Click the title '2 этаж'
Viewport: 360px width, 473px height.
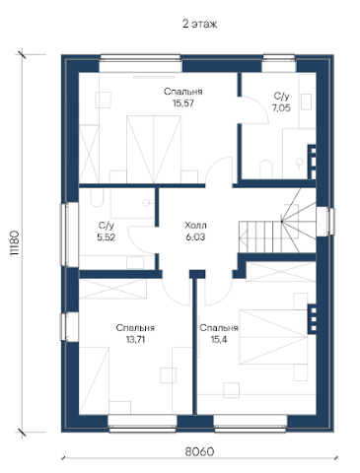199,24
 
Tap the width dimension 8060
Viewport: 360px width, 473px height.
199,451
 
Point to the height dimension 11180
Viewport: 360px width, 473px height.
15,243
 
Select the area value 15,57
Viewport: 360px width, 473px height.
183,103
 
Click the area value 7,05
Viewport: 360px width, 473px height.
281,107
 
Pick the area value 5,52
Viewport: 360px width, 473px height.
107,236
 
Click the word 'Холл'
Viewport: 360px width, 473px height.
195,226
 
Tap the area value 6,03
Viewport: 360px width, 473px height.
195,236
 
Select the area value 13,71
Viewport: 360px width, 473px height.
135,339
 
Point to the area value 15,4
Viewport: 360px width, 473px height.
219,339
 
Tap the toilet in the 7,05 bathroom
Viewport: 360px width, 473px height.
266,169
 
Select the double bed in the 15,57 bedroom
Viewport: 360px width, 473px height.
154,150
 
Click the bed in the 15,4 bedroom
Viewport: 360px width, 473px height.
273,337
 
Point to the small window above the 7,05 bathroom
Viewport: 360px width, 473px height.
279,63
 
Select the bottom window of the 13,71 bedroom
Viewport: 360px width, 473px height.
142,424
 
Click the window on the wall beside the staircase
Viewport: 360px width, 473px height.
325,222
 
